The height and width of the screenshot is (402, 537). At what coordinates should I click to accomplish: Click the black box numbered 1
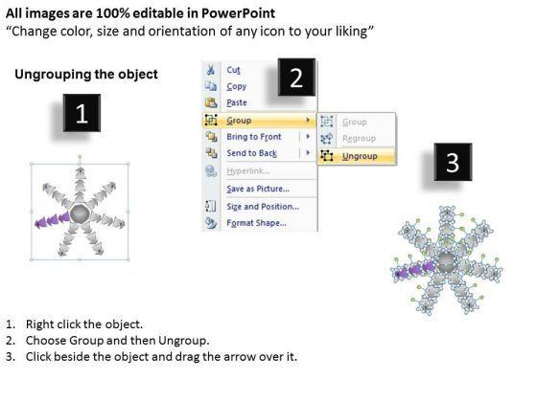(x=82, y=113)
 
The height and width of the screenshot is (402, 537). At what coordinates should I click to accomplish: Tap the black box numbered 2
(x=296, y=78)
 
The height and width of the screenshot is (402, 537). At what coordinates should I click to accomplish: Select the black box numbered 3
(x=453, y=162)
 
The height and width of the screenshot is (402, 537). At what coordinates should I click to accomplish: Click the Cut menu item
(x=233, y=70)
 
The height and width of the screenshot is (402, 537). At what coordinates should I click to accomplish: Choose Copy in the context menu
(x=236, y=86)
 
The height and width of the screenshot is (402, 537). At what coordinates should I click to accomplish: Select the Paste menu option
(x=237, y=102)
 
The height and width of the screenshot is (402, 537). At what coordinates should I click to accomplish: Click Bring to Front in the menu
(x=254, y=137)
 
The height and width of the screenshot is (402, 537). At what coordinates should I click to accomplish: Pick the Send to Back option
(x=251, y=153)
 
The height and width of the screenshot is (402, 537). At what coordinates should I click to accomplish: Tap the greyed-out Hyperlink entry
(x=248, y=171)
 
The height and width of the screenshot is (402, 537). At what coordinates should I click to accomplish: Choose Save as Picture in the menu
(x=258, y=189)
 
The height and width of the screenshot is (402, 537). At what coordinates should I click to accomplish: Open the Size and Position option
(x=263, y=207)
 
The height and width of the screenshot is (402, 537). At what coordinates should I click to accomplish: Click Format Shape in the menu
(x=257, y=223)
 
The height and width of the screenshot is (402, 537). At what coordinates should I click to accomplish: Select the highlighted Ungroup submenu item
(x=360, y=156)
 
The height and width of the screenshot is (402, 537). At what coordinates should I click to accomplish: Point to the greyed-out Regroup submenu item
(x=359, y=139)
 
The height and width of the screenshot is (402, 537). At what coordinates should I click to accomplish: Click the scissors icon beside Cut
(x=211, y=70)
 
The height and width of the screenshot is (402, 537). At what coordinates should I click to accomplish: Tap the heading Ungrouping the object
(x=86, y=75)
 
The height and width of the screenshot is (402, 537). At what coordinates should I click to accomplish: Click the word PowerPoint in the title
(x=238, y=13)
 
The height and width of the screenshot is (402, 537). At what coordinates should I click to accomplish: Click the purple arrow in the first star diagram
(x=53, y=220)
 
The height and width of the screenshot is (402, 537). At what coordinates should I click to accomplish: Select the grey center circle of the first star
(x=80, y=214)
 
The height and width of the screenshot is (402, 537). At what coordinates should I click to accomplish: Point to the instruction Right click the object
(x=84, y=324)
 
